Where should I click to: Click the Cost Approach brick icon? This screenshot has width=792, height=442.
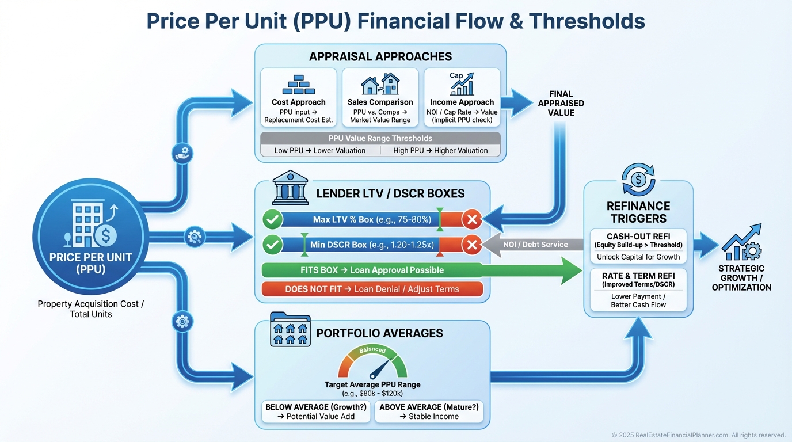coord(298,85)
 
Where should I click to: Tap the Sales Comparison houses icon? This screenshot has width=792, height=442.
coord(380,84)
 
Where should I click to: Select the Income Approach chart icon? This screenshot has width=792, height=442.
coord(462,84)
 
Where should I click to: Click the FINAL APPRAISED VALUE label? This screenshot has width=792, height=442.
coord(561,103)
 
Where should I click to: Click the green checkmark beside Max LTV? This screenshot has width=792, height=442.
coord(272,219)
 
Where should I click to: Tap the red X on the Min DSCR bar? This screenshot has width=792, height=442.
coord(471,245)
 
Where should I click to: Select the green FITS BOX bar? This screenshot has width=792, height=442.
coord(372,270)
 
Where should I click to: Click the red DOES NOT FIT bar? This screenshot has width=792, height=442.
coord(372,289)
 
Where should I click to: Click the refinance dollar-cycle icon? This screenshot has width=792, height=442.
coord(638,180)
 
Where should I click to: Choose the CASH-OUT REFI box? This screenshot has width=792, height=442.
coord(638,245)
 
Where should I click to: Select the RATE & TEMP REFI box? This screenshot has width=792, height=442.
coord(638,289)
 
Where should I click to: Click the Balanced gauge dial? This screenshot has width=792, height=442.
coord(372,363)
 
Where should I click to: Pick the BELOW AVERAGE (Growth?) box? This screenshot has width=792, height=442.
coord(316,411)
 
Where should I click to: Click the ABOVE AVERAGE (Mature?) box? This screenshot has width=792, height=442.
coord(429,411)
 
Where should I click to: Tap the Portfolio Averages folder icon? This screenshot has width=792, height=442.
coord(290,330)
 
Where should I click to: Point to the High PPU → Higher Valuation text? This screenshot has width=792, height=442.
coord(440,150)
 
